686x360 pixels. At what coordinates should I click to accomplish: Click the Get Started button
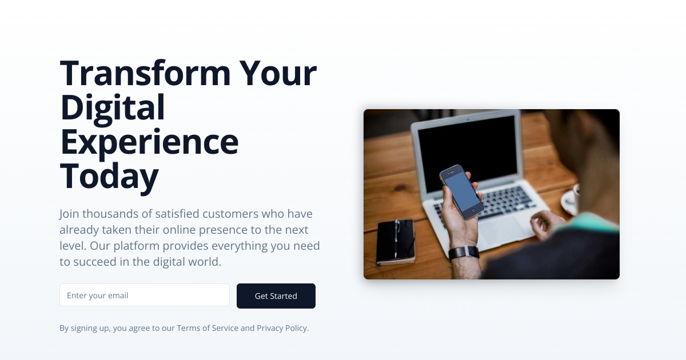(276, 296)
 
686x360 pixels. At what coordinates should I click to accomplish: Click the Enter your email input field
(145, 295)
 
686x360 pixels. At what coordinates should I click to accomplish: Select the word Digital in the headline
(113, 107)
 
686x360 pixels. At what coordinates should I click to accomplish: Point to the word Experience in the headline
(149, 142)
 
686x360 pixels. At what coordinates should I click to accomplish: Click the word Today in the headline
(109, 176)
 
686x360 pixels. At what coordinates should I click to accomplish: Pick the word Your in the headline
(278, 73)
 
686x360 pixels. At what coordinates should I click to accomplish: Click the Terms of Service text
(208, 328)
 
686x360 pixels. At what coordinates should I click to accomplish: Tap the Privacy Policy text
(282, 328)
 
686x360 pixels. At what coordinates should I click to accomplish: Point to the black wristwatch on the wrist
(464, 253)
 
